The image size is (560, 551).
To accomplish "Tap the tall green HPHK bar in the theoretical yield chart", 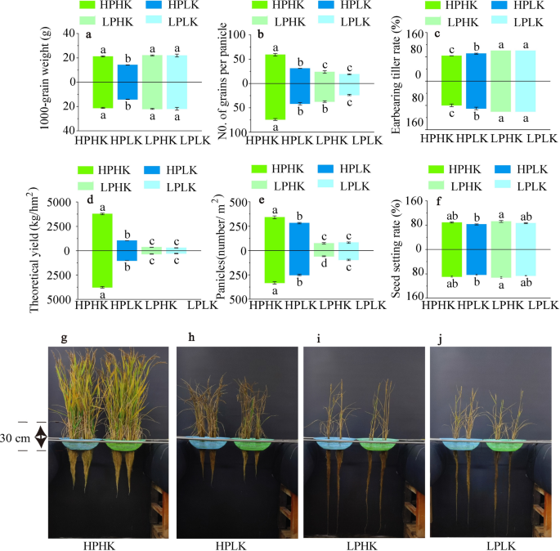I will (102, 250).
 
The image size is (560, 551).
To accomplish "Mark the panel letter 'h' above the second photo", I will (190, 337).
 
